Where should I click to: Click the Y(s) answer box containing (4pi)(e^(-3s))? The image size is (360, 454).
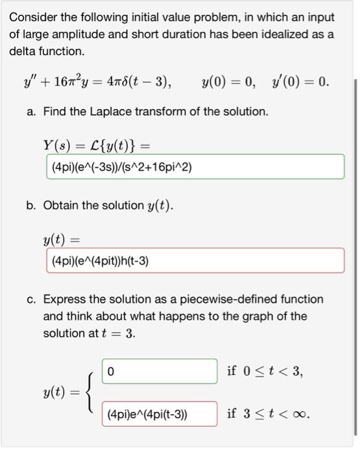tap(195, 167)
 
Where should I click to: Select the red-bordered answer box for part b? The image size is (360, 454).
tap(195, 261)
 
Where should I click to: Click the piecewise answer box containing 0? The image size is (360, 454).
tap(159, 372)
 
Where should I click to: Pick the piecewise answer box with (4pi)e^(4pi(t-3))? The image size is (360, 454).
tap(159, 414)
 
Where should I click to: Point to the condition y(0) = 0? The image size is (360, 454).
tap(228, 82)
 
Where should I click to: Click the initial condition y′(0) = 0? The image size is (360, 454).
tap(298, 82)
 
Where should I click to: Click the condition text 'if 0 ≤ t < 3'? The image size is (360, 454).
tap(265, 372)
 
